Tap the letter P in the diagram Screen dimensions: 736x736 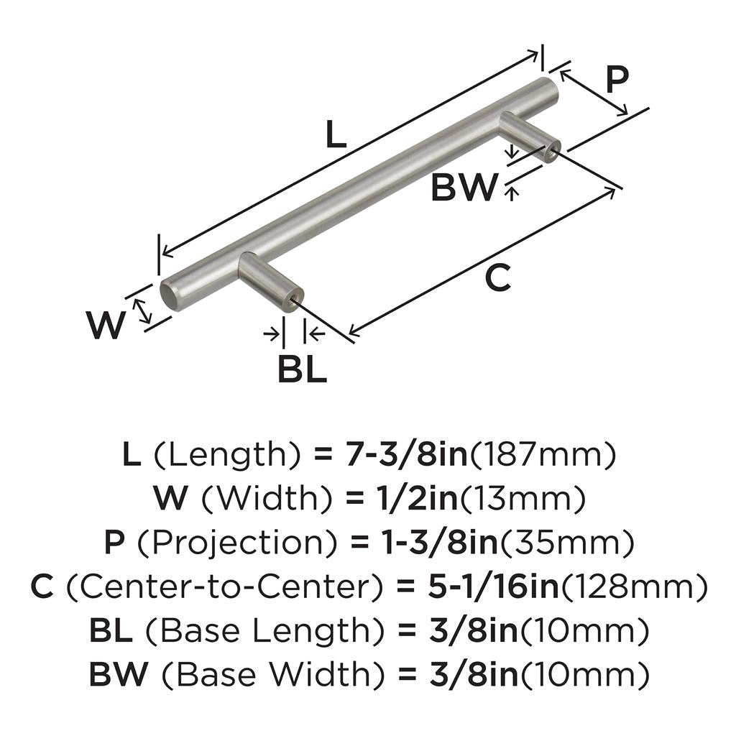pos(616,80)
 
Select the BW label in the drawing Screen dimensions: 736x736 pos(464,189)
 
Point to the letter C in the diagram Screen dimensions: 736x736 pos(497,279)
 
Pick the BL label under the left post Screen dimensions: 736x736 pos(302,369)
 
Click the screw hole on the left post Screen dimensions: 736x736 pos(293,302)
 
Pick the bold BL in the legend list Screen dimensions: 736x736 pos(111,630)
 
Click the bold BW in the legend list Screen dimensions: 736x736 pos(118,674)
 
